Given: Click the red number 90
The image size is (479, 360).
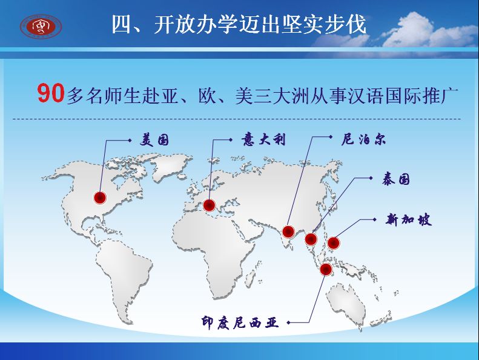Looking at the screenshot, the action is tap(51, 93).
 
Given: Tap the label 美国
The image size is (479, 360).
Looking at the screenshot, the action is tap(154, 140).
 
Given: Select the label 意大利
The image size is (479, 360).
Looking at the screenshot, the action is tap(263, 139).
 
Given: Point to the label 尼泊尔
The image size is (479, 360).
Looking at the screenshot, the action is tap(363, 139).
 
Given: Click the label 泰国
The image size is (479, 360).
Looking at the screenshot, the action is tap(395, 179).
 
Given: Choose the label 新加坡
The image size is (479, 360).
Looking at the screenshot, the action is tap(408, 219).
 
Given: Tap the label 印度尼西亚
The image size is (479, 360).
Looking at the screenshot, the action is tap(240, 322).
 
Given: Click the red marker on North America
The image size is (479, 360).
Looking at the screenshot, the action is tap(100, 198).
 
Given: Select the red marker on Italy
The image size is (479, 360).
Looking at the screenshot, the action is tap(210, 205).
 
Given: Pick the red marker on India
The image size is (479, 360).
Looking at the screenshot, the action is tap(288, 232).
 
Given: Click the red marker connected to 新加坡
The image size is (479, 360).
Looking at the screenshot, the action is tap(333, 243).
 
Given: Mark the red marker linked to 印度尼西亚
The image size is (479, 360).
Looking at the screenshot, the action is tap(326, 269).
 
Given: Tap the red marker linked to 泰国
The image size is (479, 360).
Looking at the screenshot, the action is tap(311, 239).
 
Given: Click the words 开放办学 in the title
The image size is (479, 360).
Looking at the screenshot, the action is tap(196, 24).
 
